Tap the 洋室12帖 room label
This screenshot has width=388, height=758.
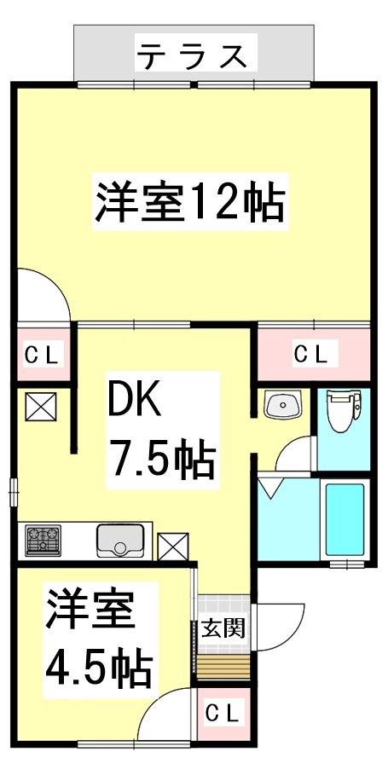tap(189, 201)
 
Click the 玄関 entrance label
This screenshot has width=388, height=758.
tap(223, 629)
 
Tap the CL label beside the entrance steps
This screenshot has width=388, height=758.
tap(223, 711)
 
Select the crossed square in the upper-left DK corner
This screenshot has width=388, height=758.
tap(38, 406)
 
